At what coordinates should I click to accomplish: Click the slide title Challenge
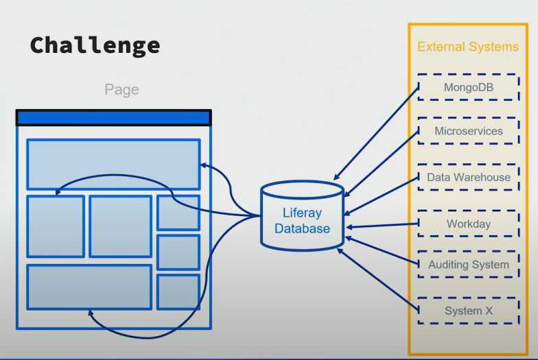point(95,45)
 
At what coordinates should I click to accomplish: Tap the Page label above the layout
point(121,89)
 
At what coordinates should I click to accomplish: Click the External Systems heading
point(468,47)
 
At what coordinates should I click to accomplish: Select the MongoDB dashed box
point(468,87)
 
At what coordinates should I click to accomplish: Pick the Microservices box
point(468,131)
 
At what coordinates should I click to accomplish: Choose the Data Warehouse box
point(468,177)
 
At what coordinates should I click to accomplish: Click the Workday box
point(468,224)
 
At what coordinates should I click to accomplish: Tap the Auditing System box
point(468,264)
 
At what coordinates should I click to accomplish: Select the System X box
point(468,311)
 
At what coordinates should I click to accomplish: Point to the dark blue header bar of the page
point(113,118)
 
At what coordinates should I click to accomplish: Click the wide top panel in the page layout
point(113,165)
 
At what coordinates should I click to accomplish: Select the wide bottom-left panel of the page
point(89,287)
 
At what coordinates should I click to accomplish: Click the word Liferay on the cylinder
point(302,213)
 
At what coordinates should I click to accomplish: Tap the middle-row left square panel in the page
point(56,226)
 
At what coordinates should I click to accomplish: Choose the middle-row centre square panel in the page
point(120,226)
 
